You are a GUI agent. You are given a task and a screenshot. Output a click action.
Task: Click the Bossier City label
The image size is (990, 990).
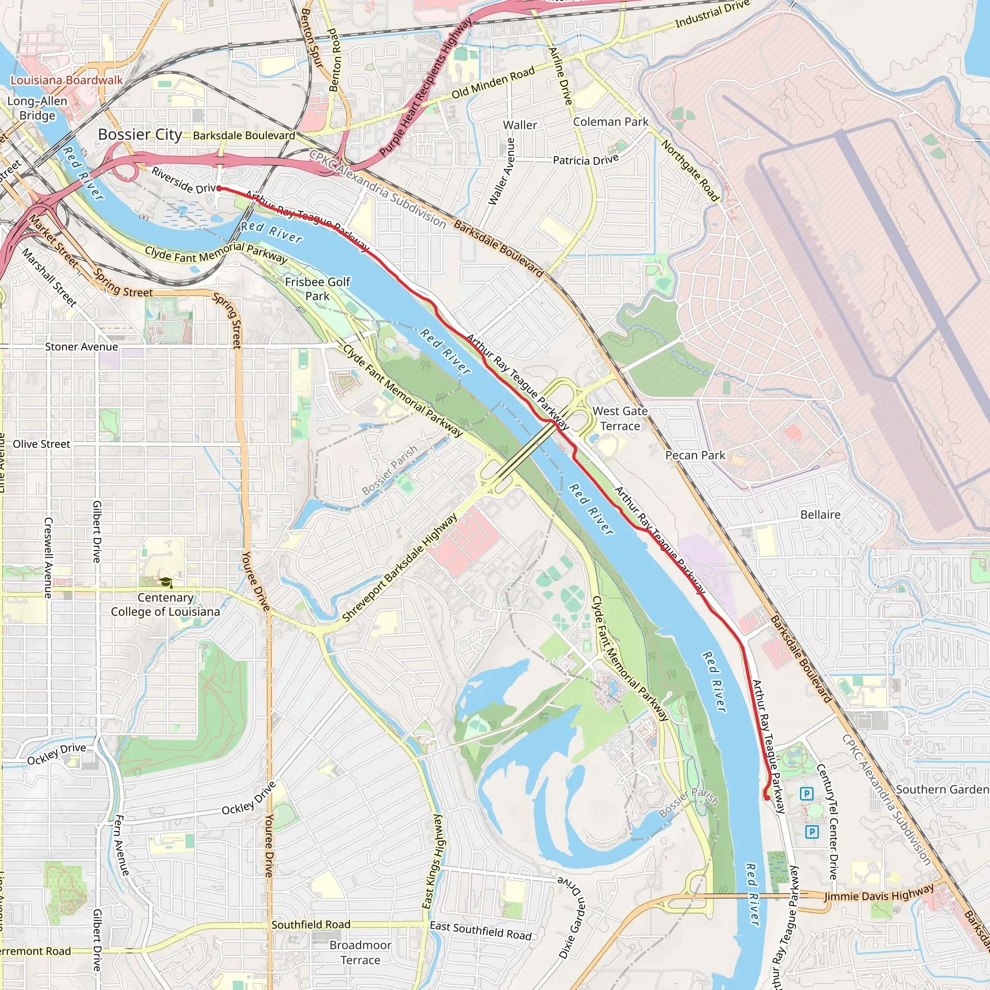[x=140, y=135]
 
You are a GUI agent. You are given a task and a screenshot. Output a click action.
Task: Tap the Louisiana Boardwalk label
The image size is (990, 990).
[x=67, y=80]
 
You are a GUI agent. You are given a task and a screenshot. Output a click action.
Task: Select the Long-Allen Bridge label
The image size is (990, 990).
[x=37, y=108]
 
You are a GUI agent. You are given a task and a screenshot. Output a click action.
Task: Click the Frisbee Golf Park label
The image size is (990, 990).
[x=318, y=289]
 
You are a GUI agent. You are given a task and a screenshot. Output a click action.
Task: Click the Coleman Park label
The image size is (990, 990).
[x=611, y=122]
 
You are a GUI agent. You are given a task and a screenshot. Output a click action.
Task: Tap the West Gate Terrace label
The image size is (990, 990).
[x=620, y=419]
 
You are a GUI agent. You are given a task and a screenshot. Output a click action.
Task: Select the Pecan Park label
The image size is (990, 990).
[x=695, y=455]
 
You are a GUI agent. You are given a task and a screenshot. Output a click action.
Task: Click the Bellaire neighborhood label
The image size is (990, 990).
[x=820, y=515]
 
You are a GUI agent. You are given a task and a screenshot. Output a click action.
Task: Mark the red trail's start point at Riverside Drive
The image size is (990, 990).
[x=219, y=189]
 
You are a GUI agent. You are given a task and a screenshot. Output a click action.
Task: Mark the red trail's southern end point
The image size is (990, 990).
[x=767, y=798]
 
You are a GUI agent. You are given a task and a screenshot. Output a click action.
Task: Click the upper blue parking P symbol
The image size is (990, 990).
[x=807, y=794]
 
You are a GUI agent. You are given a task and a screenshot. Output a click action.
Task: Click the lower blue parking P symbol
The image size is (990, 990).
[x=812, y=831]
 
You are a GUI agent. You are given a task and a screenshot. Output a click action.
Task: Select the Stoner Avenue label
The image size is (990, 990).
[x=82, y=347]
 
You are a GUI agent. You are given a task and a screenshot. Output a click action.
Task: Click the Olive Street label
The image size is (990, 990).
[x=42, y=444]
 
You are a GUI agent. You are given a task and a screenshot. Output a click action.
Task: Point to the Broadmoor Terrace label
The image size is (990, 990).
[x=360, y=953]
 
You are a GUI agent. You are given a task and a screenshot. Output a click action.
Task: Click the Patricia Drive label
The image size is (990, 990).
[x=586, y=160]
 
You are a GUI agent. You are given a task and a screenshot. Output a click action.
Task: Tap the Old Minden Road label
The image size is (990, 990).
[x=493, y=83]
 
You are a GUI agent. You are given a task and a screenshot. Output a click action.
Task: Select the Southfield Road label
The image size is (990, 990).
[x=311, y=924]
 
